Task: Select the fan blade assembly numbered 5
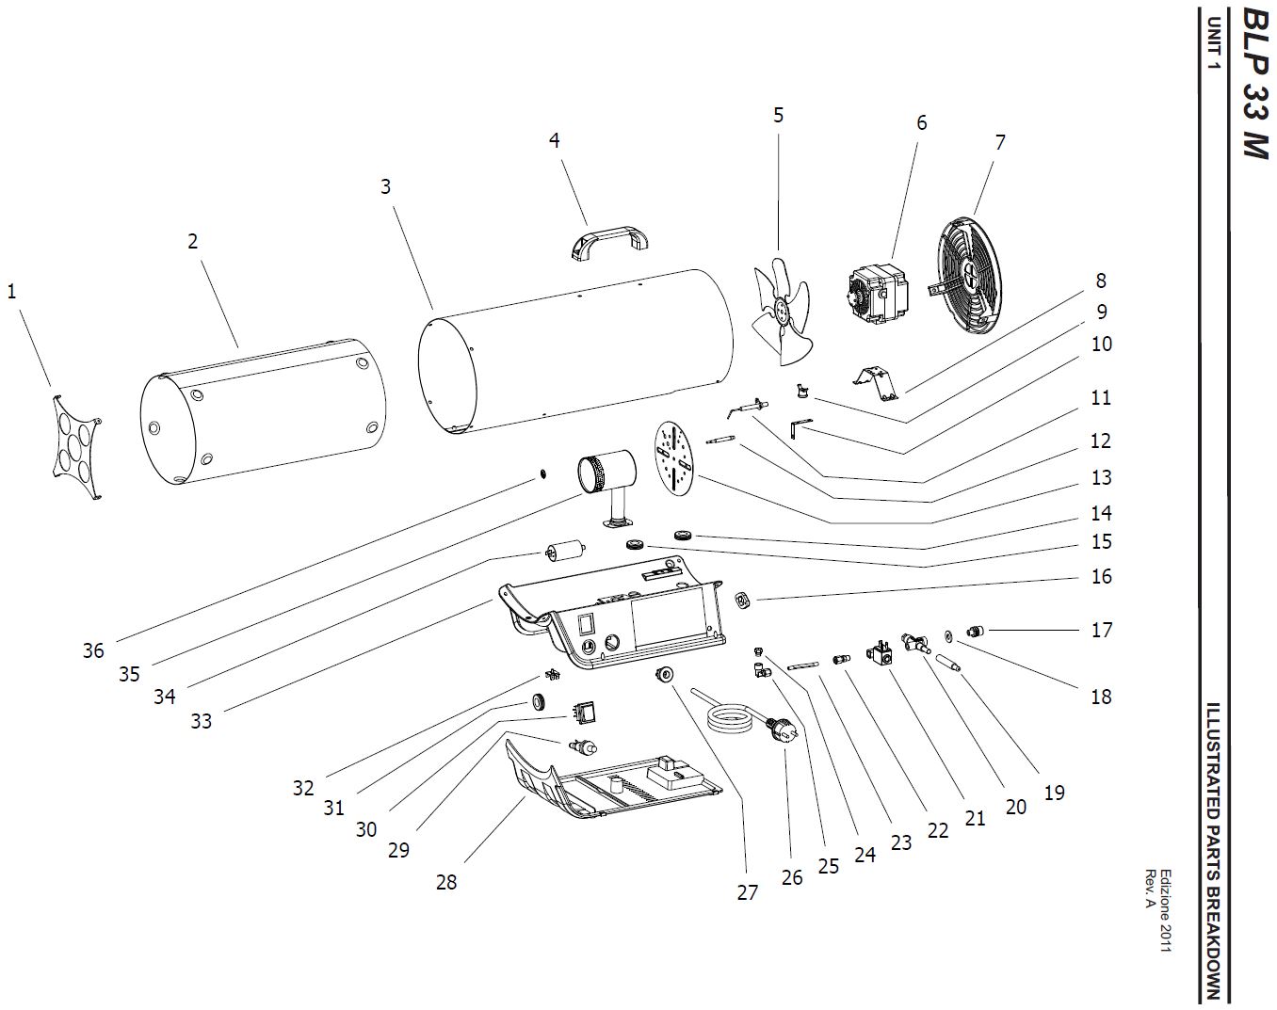click(x=784, y=312)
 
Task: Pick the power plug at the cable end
click(x=783, y=730)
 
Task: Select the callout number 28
click(x=446, y=882)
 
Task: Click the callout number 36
click(x=93, y=650)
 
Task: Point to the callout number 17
click(x=1102, y=630)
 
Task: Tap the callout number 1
click(x=12, y=292)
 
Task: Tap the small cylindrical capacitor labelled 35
click(x=564, y=549)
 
